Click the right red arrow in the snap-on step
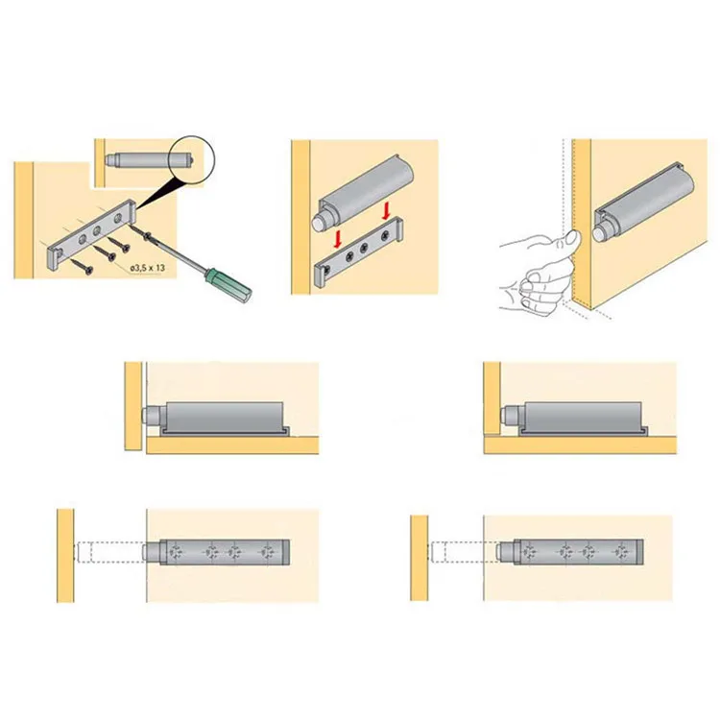[x=385, y=209]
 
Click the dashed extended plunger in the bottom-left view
[x=110, y=554]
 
